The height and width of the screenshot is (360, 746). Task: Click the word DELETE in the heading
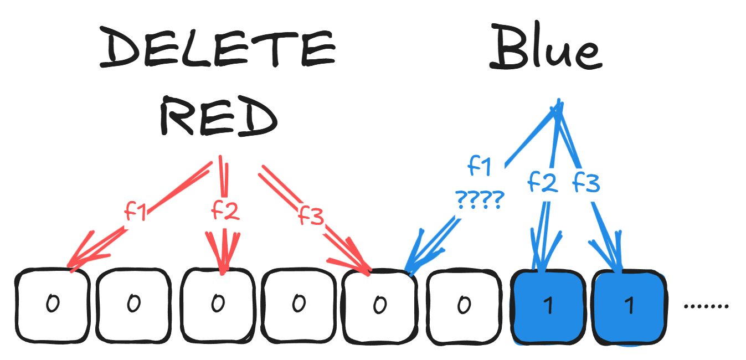coord(218,47)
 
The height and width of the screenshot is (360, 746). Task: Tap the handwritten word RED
coord(219,116)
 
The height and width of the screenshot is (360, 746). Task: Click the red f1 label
coord(136,211)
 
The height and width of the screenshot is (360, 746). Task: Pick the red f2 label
coord(225,210)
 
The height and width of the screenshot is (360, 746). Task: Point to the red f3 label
coord(310,215)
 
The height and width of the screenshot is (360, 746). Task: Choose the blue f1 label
coord(480,166)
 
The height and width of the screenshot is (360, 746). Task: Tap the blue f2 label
coord(543,182)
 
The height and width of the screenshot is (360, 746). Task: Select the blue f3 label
coord(586,182)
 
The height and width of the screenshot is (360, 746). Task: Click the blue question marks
coord(480,200)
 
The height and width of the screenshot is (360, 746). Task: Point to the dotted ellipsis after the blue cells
coord(706,306)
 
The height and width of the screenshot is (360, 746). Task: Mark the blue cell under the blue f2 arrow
coord(548,307)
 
